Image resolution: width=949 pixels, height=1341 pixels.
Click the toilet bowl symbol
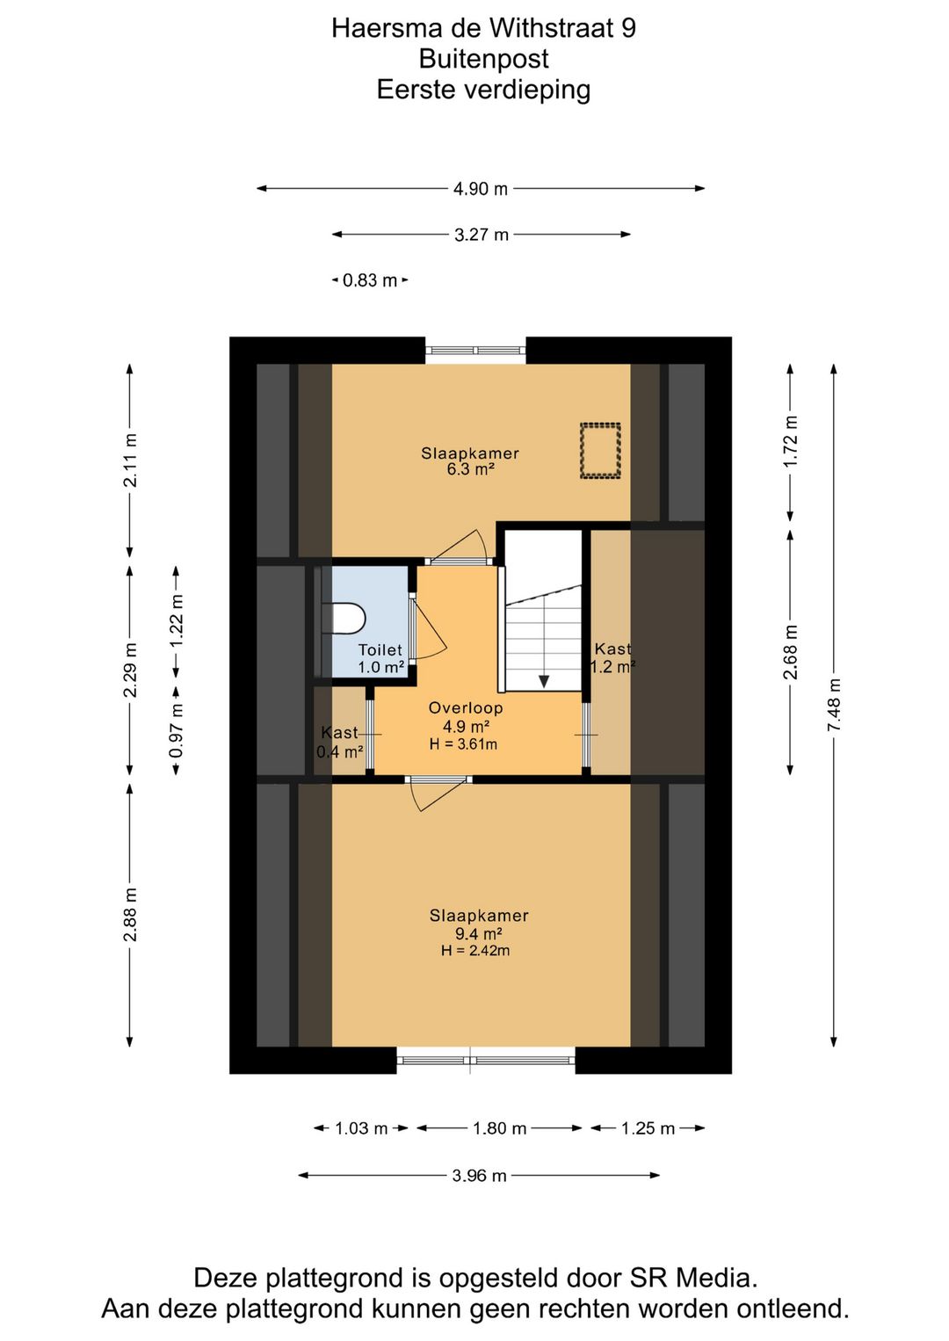345,618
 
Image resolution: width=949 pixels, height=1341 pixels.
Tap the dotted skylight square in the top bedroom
600,451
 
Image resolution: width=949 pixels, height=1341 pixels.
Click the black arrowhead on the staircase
544,681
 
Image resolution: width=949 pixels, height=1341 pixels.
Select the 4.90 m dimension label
481,189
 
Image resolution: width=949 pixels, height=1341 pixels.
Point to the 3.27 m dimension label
482,235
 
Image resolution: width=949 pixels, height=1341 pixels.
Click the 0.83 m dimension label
370,280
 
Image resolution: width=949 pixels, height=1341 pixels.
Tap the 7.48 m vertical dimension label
834,705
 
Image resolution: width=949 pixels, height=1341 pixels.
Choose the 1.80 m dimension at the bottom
499,1128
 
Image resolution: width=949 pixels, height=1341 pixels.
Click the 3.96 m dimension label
479,1176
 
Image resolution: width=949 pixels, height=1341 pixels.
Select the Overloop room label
466,707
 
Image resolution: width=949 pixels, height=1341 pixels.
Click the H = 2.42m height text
475,951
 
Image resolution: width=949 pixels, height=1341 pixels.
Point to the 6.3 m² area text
470,469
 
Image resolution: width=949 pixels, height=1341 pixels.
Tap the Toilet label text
380,649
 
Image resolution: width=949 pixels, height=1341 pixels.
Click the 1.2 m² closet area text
612,667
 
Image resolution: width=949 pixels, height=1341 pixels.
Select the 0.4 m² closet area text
339,752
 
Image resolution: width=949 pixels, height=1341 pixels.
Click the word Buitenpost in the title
483,59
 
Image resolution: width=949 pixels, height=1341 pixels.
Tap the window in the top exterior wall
475,351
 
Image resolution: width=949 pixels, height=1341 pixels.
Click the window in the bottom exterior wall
486,1061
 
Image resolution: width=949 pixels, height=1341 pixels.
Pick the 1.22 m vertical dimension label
177,620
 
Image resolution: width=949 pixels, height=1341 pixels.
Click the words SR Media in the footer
692,1278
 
